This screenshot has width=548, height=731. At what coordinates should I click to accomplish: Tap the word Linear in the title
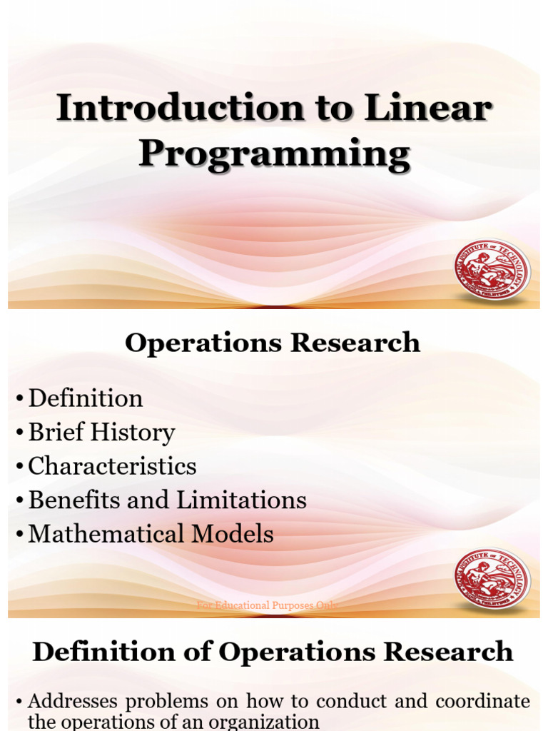[428, 109]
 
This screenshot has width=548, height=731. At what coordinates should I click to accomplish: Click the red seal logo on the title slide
[492, 269]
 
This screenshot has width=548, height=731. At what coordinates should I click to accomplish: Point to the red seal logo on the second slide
[492, 578]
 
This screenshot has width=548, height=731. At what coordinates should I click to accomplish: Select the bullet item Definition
[86, 398]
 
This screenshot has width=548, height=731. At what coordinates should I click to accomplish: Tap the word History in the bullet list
[138, 433]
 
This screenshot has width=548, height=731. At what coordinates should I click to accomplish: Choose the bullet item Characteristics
[112, 466]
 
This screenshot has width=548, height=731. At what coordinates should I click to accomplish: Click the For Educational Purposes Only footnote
[267, 605]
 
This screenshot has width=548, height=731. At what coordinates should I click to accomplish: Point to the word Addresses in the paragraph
[69, 701]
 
